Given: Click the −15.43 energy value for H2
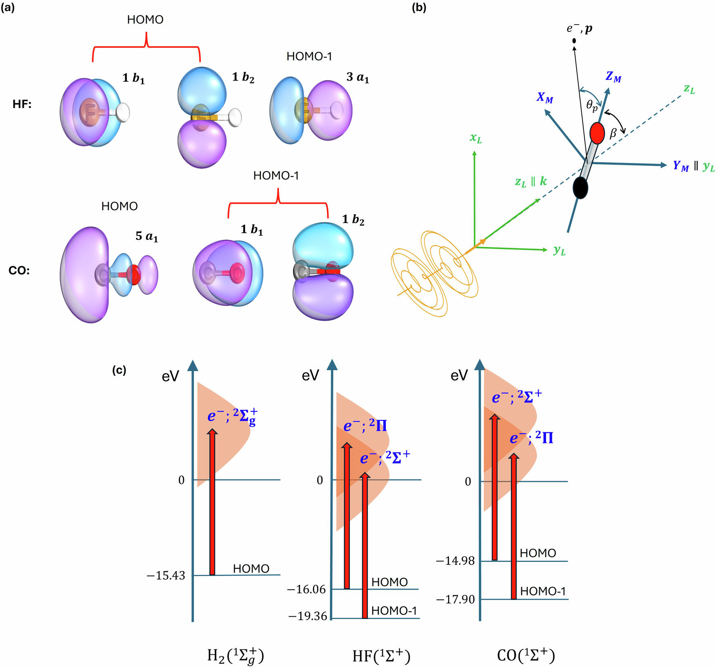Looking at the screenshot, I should (166, 575).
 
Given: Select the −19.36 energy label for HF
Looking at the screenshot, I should (308, 616).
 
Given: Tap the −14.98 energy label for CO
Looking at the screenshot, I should (455, 561).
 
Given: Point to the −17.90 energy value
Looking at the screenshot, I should (455, 599).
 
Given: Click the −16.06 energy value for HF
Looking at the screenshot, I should (306, 589).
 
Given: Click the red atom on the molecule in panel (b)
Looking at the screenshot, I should (597, 133).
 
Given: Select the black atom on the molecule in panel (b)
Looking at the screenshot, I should (580, 188).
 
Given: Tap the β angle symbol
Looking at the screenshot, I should (613, 133).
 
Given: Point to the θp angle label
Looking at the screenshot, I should (592, 106).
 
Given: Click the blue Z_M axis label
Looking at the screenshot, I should (613, 77).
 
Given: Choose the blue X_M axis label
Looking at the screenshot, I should (545, 98).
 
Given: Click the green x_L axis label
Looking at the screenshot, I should (475, 138).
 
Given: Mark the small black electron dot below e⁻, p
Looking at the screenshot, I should (574, 41).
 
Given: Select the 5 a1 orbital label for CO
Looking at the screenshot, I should (146, 236).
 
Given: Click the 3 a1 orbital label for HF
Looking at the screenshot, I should (358, 77).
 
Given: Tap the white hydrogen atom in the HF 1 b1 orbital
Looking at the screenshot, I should (122, 112).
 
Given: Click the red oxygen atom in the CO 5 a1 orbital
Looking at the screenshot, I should (133, 274).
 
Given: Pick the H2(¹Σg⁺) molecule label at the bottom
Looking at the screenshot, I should (235, 656).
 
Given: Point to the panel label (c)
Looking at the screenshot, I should (119, 370).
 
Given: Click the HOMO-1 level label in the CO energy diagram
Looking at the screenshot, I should (543, 591).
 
